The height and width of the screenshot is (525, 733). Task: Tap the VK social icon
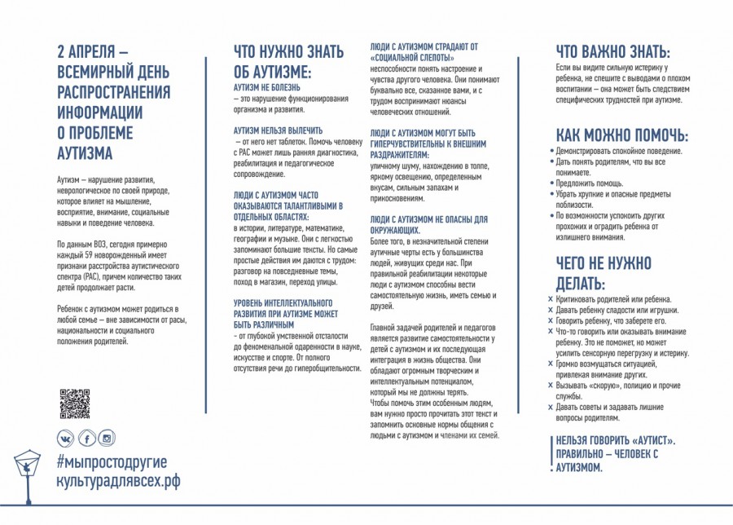click(64, 439)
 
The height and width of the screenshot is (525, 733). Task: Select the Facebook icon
click(86, 439)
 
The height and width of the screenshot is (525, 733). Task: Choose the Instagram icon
click(106, 439)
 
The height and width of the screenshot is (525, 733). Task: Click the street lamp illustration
click(27, 473)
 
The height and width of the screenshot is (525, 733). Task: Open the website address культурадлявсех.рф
click(117, 481)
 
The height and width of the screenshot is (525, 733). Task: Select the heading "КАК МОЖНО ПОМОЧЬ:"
click(621, 135)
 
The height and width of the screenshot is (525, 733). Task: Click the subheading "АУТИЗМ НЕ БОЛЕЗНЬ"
click(267, 86)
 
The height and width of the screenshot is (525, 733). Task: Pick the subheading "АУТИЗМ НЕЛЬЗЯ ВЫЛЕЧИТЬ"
click(278, 130)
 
